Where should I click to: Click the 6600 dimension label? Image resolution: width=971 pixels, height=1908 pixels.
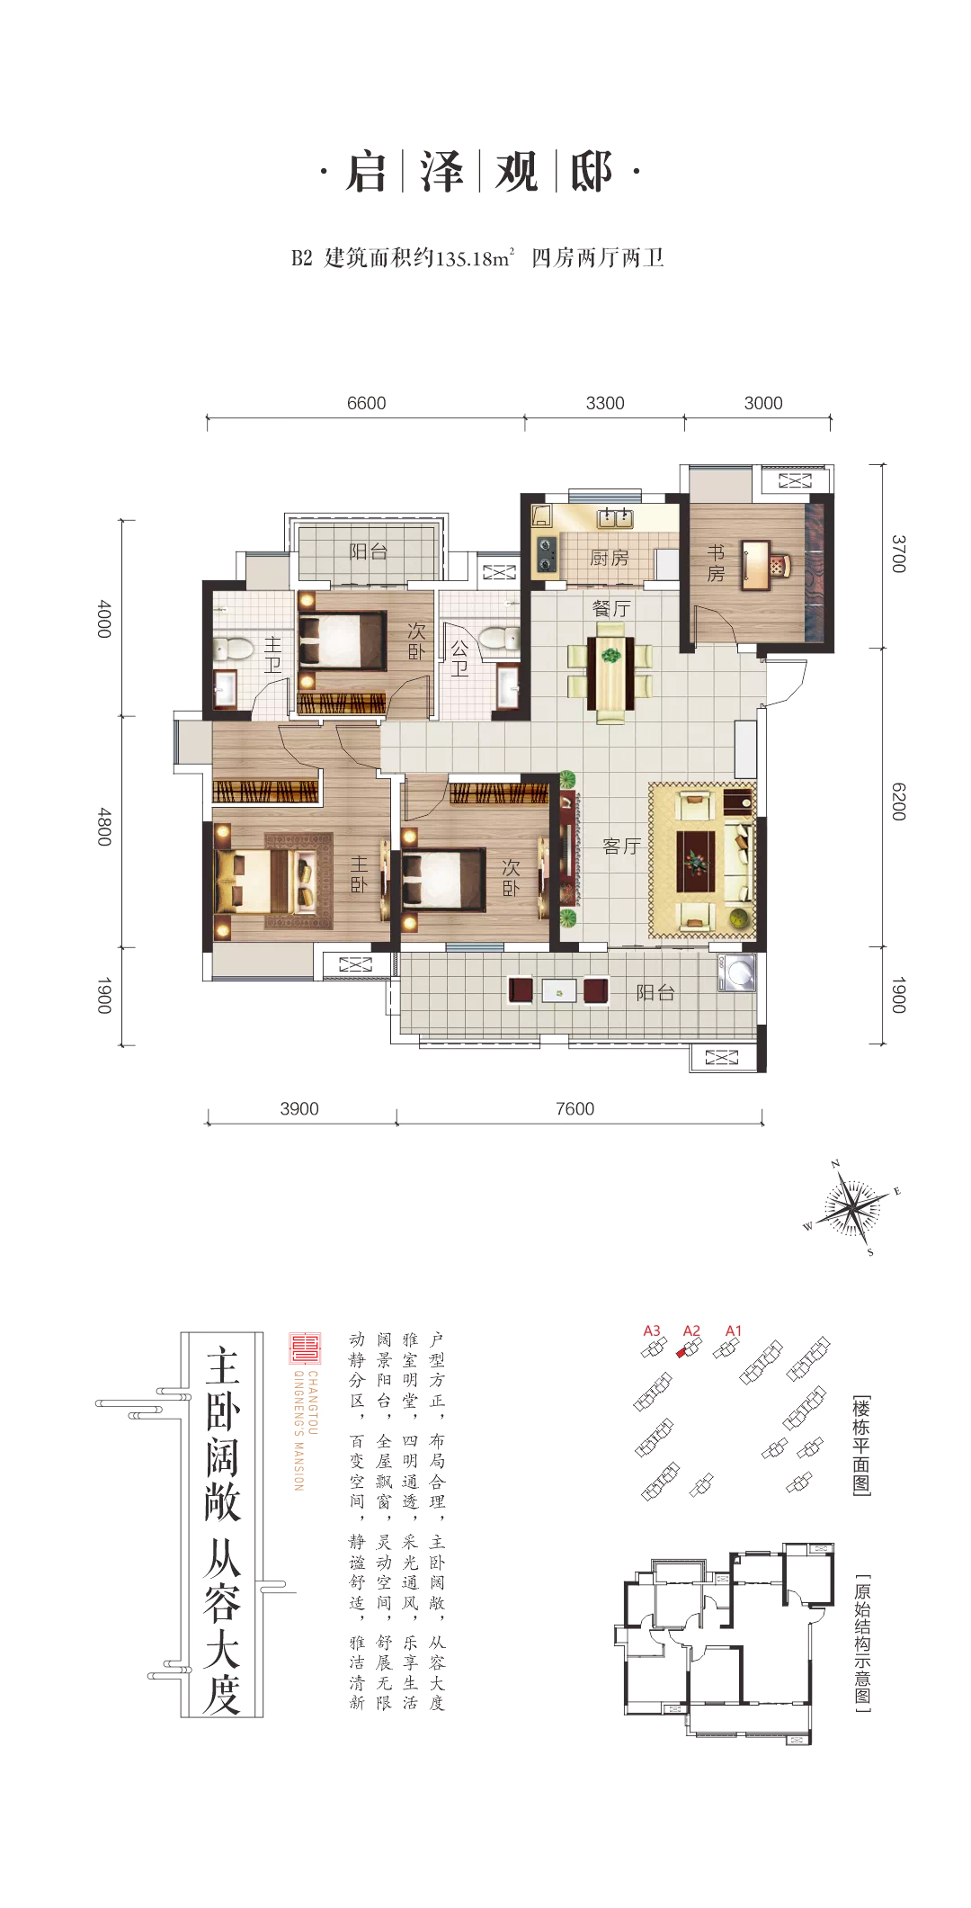click(x=367, y=403)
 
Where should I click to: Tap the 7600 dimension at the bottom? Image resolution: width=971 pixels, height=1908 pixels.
click(x=575, y=1108)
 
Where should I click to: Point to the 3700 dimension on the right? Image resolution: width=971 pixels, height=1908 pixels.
click(x=898, y=553)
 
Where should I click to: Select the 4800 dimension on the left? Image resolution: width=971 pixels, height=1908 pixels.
click(x=104, y=827)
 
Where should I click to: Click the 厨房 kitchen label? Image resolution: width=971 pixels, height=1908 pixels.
click(x=609, y=558)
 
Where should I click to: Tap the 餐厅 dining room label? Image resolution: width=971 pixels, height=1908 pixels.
click(x=611, y=608)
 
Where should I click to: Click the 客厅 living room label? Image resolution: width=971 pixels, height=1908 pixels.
click(x=622, y=846)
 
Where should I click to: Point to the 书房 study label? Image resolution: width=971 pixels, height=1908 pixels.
click(x=717, y=562)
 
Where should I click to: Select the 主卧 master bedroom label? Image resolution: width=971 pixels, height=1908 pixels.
click(x=359, y=873)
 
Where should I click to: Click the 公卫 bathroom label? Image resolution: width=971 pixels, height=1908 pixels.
click(x=459, y=658)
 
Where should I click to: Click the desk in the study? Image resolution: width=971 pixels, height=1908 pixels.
click(x=756, y=565)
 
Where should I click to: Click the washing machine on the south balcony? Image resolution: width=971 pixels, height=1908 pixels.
click(x=736, y=973)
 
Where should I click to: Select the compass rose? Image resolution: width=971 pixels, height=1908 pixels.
click(x=851, y=1208)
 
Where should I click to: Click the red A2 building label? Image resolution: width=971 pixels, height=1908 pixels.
click(x=691, y=1330)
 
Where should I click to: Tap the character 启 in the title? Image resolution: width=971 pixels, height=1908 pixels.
click(x=366, y=173)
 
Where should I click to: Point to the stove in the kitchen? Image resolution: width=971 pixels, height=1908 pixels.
click(x=546, y=554)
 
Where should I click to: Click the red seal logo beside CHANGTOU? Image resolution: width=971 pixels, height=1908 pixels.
click(x=305, y=1348)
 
